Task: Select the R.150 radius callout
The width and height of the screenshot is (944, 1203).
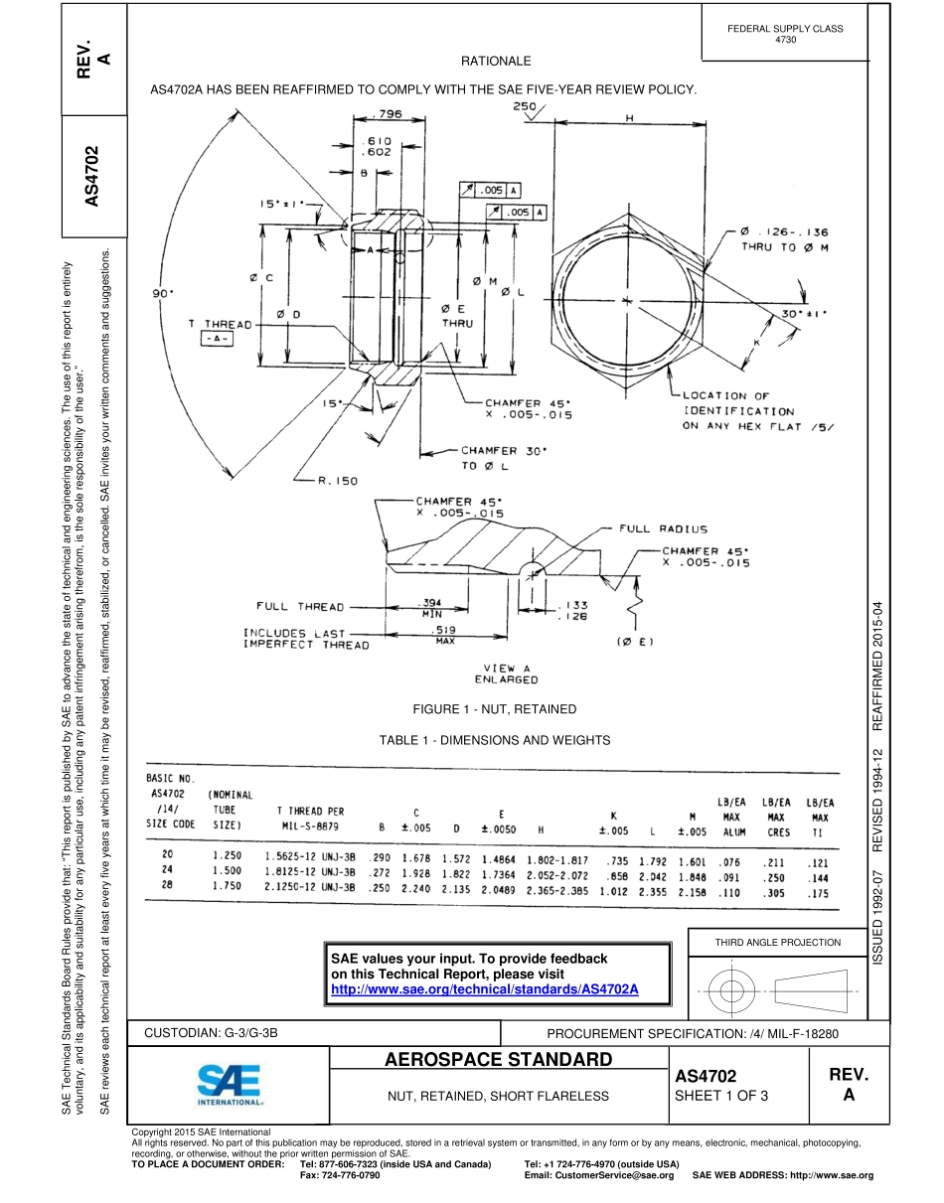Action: [337, 481]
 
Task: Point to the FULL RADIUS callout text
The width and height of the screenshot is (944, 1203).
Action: [664, 529]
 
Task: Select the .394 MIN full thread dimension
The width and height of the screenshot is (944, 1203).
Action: [431, 607]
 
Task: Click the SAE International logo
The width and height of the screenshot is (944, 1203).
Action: [230, 1085]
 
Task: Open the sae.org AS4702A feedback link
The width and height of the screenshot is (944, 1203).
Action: [484, 990]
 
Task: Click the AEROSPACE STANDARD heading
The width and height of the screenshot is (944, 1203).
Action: [498, 1060]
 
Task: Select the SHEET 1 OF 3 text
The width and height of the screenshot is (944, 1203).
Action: [721, 1096]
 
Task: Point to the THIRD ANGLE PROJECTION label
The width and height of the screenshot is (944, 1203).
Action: [778, 943]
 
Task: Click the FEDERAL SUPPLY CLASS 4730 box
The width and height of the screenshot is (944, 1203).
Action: [784, 34]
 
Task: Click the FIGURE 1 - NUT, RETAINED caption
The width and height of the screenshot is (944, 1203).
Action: [494, 708]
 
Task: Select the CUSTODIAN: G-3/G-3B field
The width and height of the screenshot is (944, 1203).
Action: [211, 1033]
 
